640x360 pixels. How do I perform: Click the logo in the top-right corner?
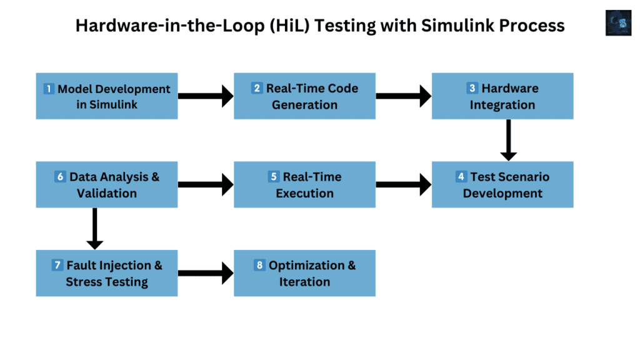[618, 23]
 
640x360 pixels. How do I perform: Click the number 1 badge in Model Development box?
[49, 89]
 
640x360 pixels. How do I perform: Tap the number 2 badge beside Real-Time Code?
[257, 88]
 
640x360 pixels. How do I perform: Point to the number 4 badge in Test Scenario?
[461, 177]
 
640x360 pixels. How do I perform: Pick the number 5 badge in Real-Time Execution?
[274, 177]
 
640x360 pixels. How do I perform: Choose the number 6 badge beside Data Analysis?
[61, 177]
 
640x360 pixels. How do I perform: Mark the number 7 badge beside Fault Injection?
[57, 266]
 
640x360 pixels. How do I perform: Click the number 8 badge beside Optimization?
[260, 266]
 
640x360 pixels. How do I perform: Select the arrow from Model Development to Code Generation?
[206, 96]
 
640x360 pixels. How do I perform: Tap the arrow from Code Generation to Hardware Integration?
[403, 96]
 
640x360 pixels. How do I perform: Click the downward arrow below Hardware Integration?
[508, 140]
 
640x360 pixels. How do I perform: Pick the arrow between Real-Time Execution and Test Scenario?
[403, 184]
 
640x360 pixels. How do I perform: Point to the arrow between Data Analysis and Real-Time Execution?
[206, 184]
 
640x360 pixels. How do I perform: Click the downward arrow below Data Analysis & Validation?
[94, 229]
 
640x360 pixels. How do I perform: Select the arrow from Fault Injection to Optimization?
[206, 273]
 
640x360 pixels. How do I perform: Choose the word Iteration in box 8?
[305, 282]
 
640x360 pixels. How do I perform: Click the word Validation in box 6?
[107, 193]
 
